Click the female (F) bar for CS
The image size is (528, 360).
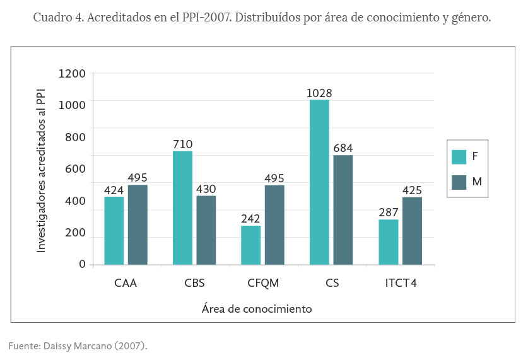pos(319,182)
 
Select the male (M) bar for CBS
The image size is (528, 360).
pos(206,230)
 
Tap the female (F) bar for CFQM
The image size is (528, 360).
pos(251,245)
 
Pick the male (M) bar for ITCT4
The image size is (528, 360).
pos(411,231)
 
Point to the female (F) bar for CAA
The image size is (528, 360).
pos(114,231)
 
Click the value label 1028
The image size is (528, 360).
pos(319,93)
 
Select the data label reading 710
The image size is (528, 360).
pos(183,144)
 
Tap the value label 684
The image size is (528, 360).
pos(343,149)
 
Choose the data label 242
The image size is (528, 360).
pos(250,219)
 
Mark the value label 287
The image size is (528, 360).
pos(389,212)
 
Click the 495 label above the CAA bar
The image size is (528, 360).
pos(138,178)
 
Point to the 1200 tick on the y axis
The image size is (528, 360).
pos(72,73)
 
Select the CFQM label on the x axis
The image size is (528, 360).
pos(262,283)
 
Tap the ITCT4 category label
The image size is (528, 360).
pos(401,283)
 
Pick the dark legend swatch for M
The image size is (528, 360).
pos(459,182)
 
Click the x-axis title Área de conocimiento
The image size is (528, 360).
pos(257,309)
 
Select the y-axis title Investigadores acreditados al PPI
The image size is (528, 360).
pos(42,169)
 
